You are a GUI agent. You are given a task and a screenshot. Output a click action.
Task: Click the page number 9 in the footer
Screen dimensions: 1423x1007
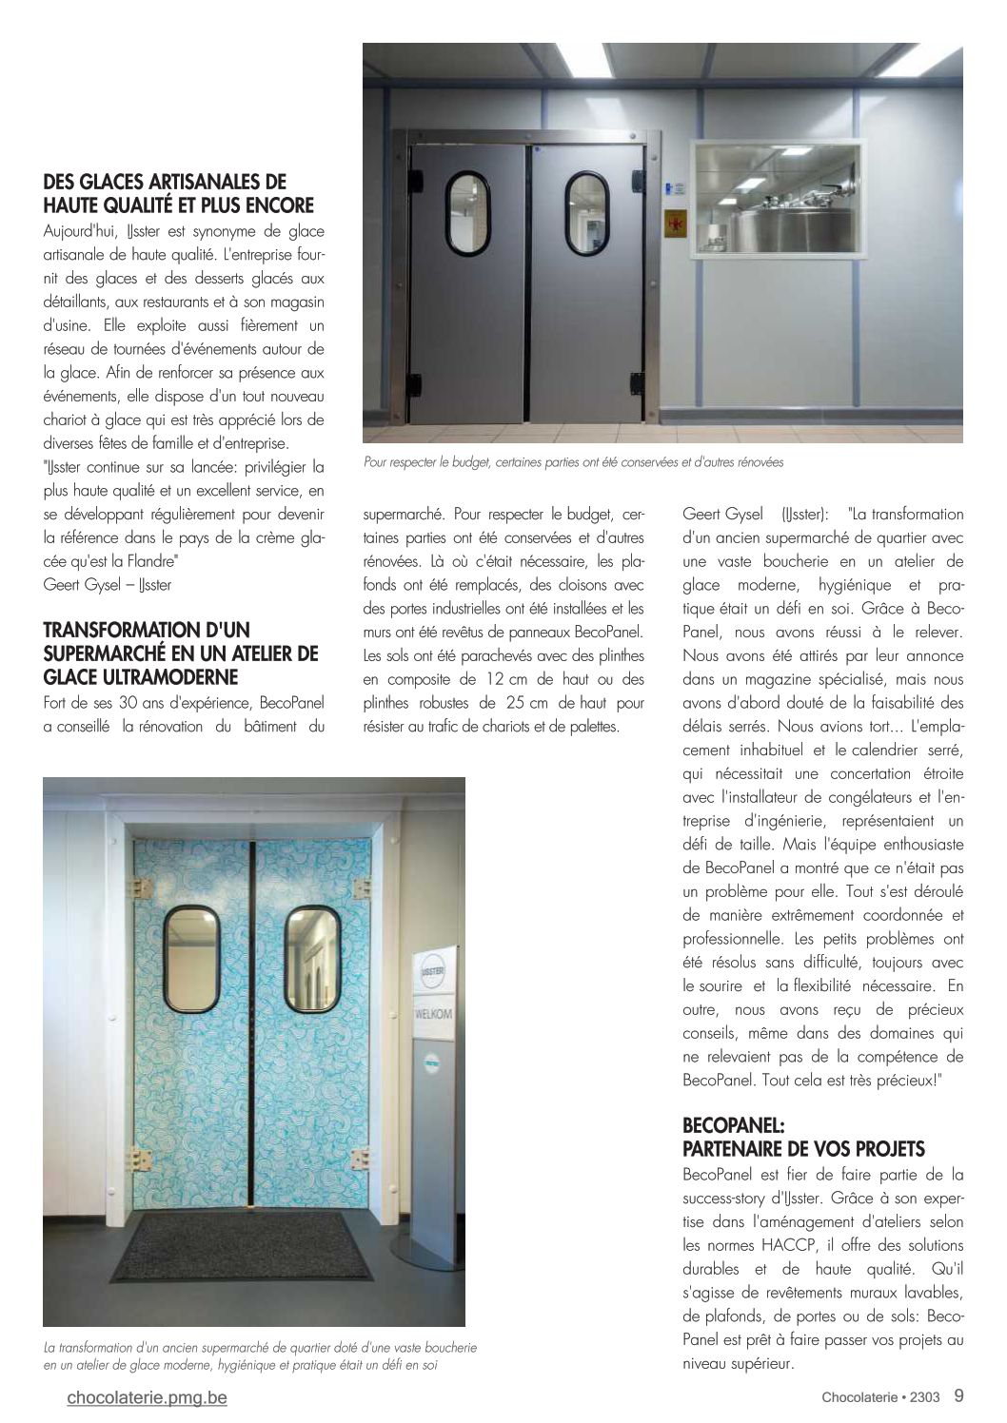(958, 1395)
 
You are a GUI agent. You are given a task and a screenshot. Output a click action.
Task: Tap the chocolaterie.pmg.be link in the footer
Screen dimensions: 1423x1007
(148, 1397)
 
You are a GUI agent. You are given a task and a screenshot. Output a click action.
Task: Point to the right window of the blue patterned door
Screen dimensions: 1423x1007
(314, 958)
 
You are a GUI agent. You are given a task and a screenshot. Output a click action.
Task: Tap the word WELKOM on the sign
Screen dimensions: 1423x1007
(433, 1014)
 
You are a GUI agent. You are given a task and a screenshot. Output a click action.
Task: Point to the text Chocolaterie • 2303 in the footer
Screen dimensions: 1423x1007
(880, 1396)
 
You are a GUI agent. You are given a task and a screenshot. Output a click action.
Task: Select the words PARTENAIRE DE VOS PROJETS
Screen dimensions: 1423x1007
(804, 1149)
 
